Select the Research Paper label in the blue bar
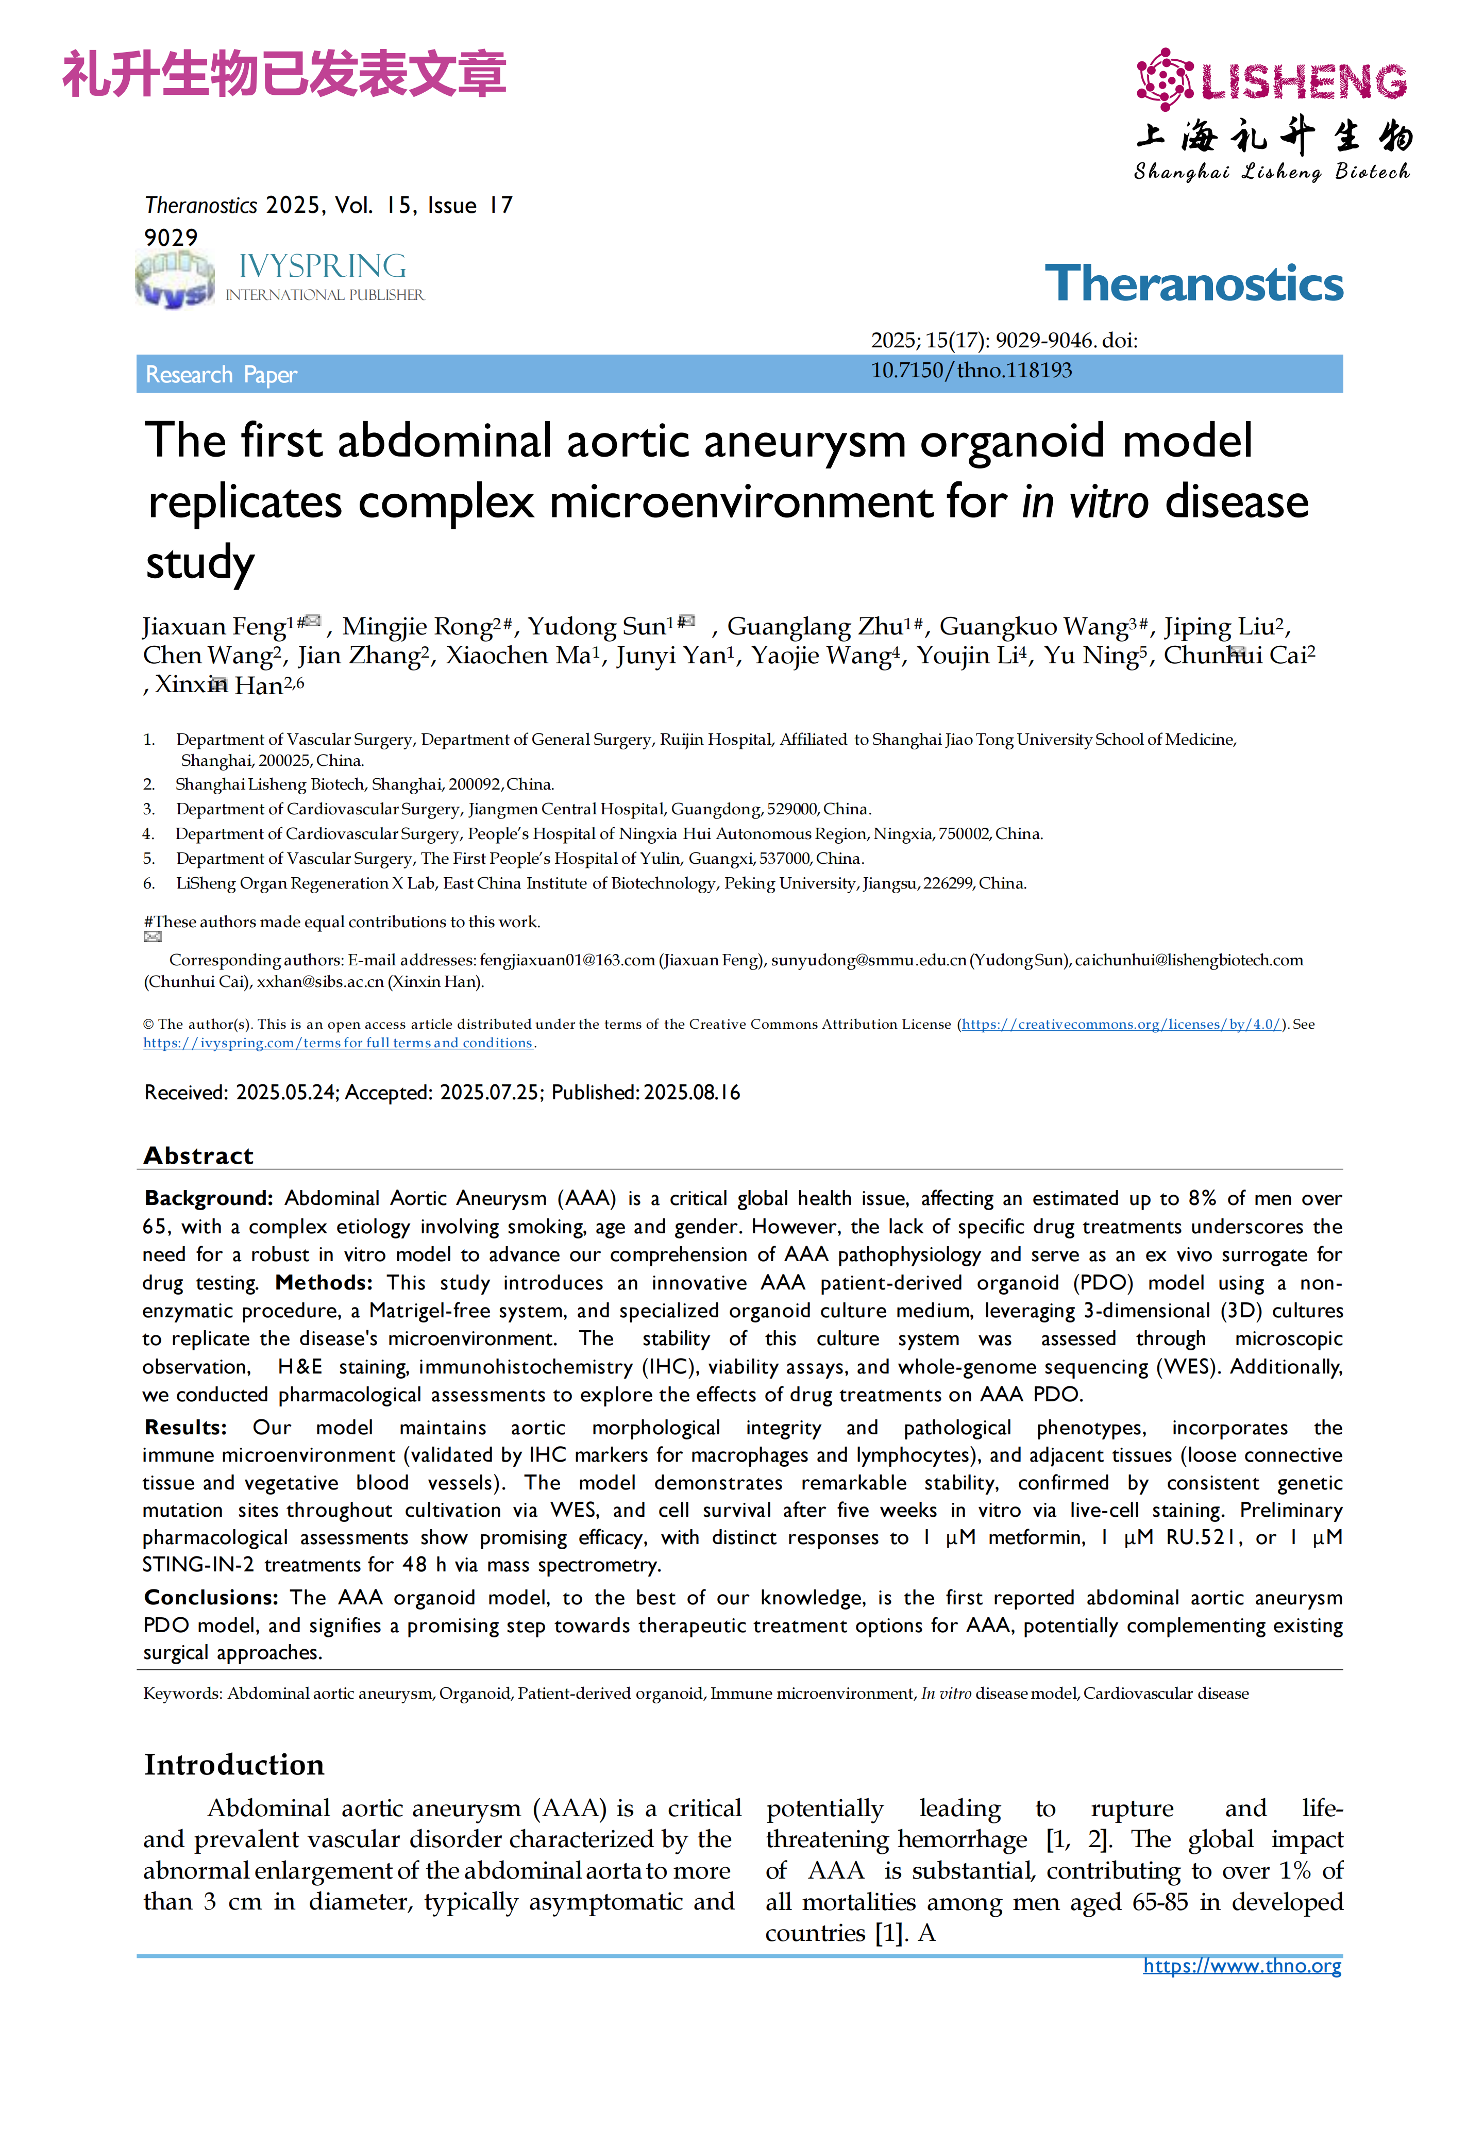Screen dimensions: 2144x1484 221,375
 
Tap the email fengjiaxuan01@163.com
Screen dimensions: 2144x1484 567,960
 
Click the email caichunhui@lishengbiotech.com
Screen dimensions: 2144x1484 1188,960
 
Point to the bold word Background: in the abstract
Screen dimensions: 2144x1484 208,1198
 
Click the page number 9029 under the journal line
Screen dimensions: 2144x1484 171,237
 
